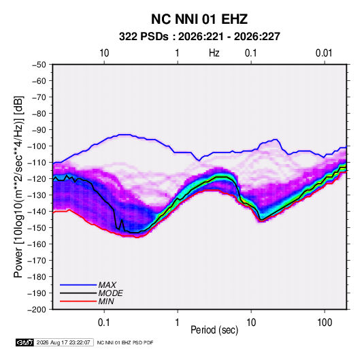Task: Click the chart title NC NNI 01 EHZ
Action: coord(199,19)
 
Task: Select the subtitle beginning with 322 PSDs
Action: coord(199,37)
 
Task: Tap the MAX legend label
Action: coord(107,284)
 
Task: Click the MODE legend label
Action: coord(110,293)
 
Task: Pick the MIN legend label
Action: coord(106,301)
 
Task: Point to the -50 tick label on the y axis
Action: coord(39,65)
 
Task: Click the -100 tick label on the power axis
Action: coord(37,146)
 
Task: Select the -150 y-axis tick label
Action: coord(37,228)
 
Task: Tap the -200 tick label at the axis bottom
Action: coord(37,310)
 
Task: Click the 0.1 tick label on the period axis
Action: coord(104,323)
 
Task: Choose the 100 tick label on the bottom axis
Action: coord(325,323)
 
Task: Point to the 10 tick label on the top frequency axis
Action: coord(104,53)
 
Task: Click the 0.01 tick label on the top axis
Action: coord(324,53)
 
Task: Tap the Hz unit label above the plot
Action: coord(214,53)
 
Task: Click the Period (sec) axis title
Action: coord(214,330)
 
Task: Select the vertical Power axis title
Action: coord(18,186)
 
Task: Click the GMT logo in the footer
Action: coord(25,342)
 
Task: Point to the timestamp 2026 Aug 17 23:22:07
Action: coord(63,342)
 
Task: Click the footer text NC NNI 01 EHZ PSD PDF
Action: coord(125,342)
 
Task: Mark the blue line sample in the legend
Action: coord(78,285)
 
